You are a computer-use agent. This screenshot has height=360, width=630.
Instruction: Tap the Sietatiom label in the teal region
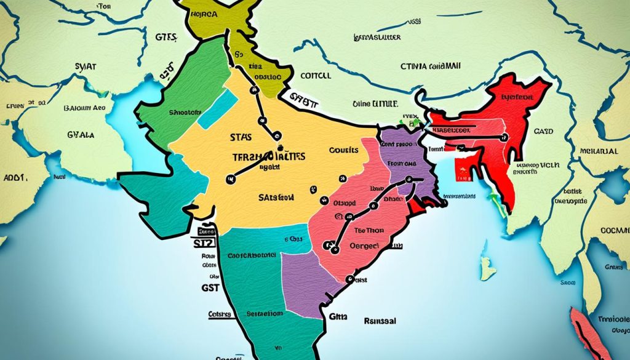pyautogui.click(x=265, y=313)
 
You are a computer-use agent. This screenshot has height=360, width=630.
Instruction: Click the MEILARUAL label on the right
pyautogui.click(x=600, y=151)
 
